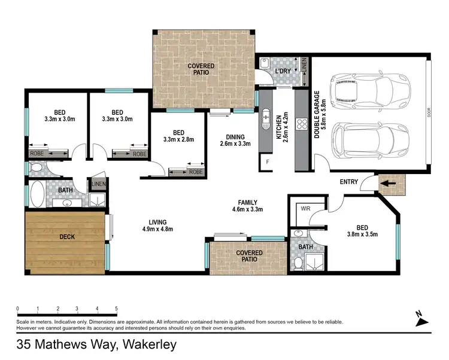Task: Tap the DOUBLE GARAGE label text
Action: [317, 114]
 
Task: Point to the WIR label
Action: [305, 209]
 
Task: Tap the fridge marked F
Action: [267, 162]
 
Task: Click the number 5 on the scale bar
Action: [116, 309]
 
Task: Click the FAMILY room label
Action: [248, 202]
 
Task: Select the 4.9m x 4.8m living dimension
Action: [158, 229]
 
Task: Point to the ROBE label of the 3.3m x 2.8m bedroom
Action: [196, 171]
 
